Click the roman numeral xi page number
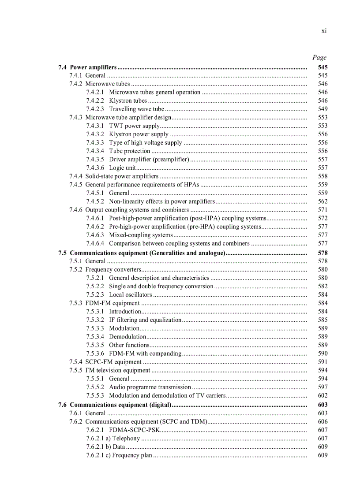click(x=324, y=31)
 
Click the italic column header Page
click(x=319, y=57)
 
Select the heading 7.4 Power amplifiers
click(x=87, y=67)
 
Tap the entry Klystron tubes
click(x=128, y=100)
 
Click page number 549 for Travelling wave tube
click(x=322, y=109)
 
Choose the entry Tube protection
click(x=130, y=151)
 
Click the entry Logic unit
click(x=122, y=167)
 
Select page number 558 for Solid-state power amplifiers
click(x=322, y=176)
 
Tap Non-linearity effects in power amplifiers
click(x=162, y=201)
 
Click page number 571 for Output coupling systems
click(x=322, y=210)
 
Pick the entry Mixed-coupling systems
click(x=141, y=235)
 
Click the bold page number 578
click(x=322, y=253)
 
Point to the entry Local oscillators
click(x=130, y=294)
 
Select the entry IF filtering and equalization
click(x=145, y=320)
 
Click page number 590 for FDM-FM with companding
click(x=322, y=353)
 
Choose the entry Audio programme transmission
click(x=150, y=387)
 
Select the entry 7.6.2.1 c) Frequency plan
click(x=119, y=455)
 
